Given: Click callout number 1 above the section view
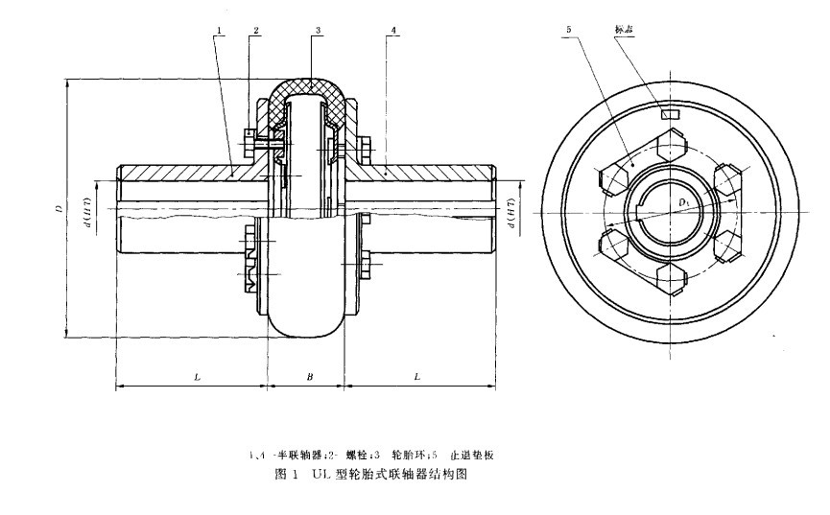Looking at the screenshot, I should click(x=220, y=31).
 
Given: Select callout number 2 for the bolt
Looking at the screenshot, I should click(x=255, y=31).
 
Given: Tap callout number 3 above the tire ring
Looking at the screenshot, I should click(x=318, y=31).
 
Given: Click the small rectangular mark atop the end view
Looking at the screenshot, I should click(x=670, y=113).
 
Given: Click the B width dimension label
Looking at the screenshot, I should click(x=309, y=377).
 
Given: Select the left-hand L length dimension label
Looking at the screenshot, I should click(x=196, y=377).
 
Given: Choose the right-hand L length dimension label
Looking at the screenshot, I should click(x=417, y=377).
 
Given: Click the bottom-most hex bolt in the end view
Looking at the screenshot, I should click(x=670, y=281).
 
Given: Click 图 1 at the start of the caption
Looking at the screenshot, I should click(x=286, y=474).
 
